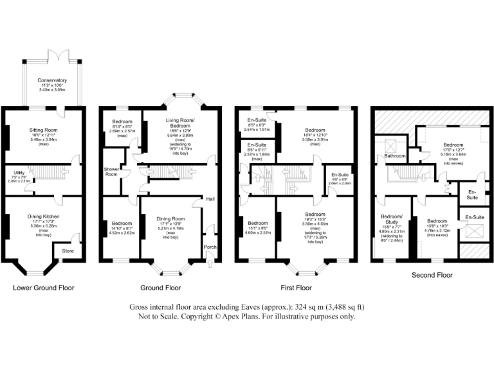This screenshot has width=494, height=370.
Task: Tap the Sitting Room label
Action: (x=43, y=130)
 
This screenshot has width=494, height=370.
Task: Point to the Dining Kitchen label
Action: (x=43, y=216)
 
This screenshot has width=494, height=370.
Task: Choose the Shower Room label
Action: (x=113, y=171)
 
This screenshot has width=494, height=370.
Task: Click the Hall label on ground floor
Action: (x=210, y=200)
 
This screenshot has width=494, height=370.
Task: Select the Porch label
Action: (x=210, y=246)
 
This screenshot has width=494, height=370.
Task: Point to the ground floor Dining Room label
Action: (x=170, y=219)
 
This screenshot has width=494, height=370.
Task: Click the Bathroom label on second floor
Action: (x=395, y=156)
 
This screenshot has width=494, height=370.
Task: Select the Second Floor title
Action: (x=432, y=275)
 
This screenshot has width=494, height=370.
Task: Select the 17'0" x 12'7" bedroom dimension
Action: (x=453, y=150)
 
